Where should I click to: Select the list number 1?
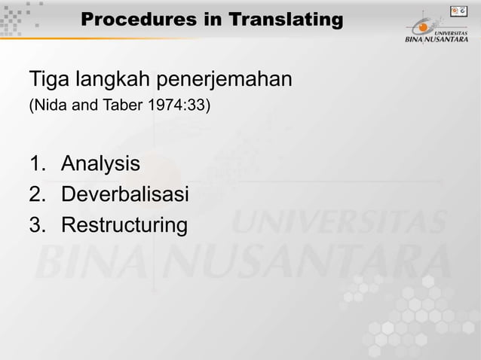36,163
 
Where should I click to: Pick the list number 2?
37,194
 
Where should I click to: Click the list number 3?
37,225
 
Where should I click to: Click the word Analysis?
100,163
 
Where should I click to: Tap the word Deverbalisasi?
124,194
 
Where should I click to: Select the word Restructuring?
122,226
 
